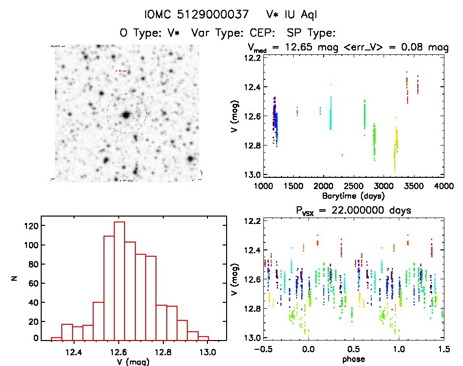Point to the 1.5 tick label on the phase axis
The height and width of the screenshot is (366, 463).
(444, 349)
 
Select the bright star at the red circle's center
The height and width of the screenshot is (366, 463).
(127, 114)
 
